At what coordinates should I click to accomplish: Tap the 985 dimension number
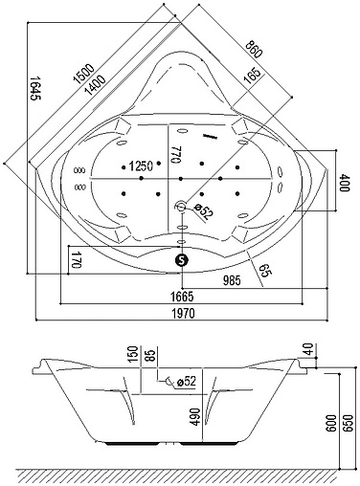[225, 281]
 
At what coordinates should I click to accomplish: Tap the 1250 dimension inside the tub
[142, 165]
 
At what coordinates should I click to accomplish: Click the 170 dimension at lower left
[75, 258]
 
